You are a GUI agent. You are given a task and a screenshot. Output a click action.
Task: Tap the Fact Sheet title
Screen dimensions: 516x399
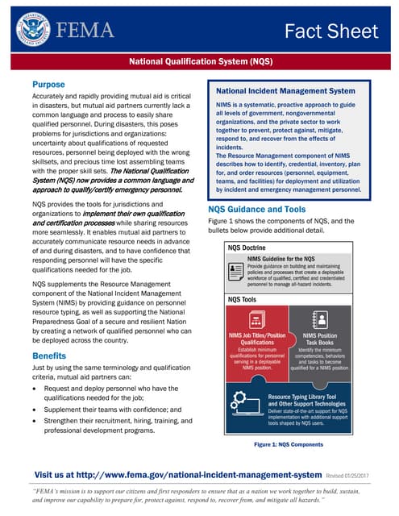coord(330,31)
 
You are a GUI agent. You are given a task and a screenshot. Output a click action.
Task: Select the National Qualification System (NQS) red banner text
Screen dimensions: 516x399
coord(199,61)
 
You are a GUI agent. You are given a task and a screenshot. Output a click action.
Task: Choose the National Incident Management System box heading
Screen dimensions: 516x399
coord(286,91)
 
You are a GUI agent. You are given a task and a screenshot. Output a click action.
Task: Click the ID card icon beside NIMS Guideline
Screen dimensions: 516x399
coord(235,267)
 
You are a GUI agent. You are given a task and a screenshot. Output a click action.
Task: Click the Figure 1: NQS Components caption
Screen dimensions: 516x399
coord(288,444)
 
